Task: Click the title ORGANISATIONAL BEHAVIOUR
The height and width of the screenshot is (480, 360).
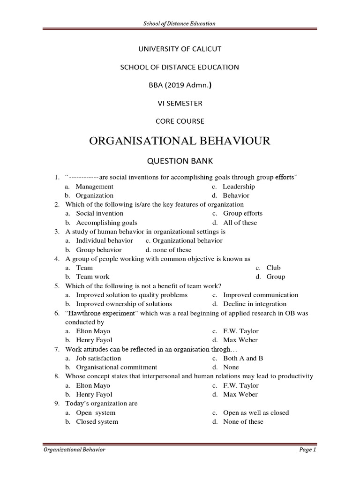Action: (x=180, y=141)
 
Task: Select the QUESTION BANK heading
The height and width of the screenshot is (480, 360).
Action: (x=180, y=161)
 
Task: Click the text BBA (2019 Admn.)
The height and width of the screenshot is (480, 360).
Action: (x=180, y=85)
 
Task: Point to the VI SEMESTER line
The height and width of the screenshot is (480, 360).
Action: (x=180, y=103)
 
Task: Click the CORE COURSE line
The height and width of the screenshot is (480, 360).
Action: (x=180, y=121)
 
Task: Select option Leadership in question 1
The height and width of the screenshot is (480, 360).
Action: (x=239, y=187)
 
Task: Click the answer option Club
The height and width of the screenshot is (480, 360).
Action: (x=273, y=268)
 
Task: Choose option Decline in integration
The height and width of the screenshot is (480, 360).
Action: (x=255, y=304)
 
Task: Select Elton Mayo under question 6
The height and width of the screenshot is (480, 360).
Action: (x=93, y=331)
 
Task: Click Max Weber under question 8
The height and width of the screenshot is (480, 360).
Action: (x=240, y=394)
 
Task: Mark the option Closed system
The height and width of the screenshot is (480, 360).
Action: (x=97, y=421)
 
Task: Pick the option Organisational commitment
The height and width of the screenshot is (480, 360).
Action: (x=117, y=367)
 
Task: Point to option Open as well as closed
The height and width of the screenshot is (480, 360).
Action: (x=256, y=412)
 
